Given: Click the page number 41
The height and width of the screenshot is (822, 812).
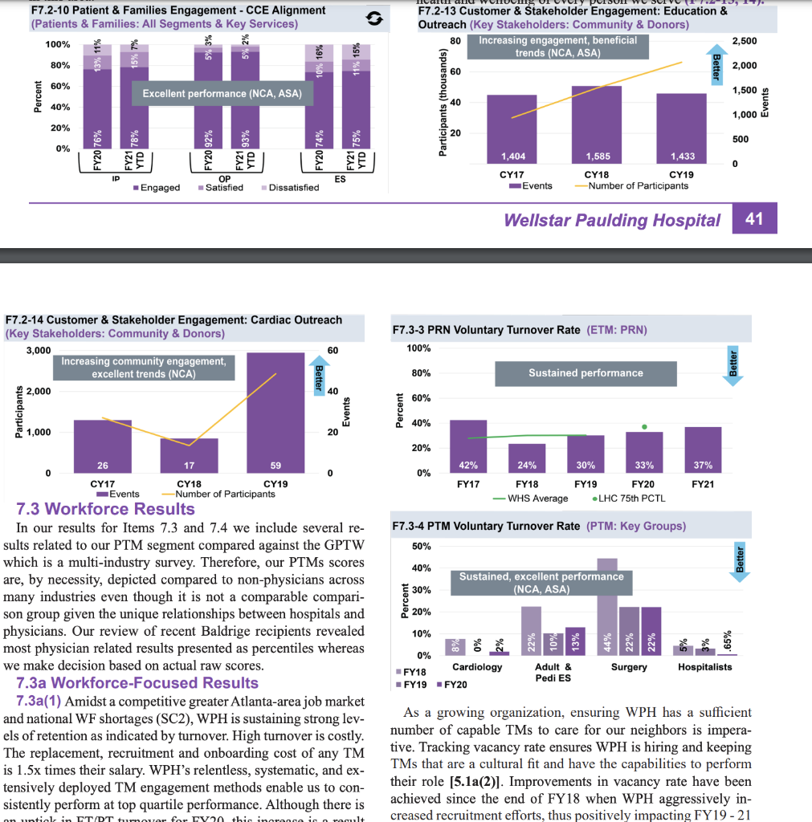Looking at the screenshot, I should click(x=754, y=219).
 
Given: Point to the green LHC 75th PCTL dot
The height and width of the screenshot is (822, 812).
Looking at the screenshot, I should click(x=644, y=426).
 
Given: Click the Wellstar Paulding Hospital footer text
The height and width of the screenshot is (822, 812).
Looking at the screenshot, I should click(x=612, y=220).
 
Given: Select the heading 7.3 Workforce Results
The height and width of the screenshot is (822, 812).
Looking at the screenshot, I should click(x=105, y=509).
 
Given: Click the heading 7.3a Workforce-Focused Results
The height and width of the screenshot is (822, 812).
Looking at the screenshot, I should click(x=137, y=683).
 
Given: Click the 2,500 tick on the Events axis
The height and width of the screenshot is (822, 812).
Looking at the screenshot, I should click(x=745, y=41).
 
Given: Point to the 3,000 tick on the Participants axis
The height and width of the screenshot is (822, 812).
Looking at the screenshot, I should click(x=39, y=351).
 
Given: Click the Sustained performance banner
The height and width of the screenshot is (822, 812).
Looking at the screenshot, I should click(x=586, y=373).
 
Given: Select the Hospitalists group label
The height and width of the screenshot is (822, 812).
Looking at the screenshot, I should click(x=704, y=667).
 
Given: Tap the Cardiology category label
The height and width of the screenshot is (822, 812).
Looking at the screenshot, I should click(x=477, y=667).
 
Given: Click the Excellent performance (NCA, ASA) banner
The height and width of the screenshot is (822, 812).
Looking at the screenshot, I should click(x=222, y=94).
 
